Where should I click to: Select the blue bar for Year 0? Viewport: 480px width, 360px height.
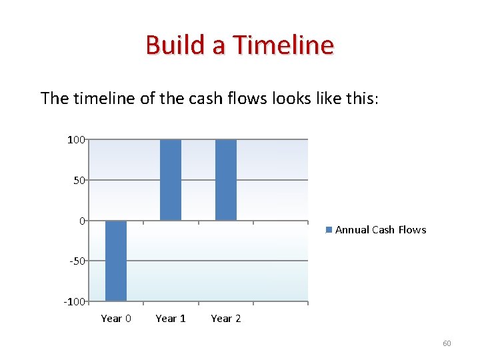click(x=116, y=260)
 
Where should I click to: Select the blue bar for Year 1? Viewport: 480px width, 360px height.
click(x=171, y=179)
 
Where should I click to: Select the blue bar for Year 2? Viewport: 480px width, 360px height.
click(x=226, y=179)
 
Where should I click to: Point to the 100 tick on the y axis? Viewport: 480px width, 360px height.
click(x=75, y=139)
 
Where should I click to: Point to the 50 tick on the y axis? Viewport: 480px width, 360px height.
click(x=79, y=180)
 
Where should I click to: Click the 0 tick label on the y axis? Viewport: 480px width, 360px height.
click(x=82, y=221)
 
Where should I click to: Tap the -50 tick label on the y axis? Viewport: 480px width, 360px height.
click(x=77, y=261)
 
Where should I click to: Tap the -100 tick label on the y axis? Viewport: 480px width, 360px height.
click(x=75, y=301)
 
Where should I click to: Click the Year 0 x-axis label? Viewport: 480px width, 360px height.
click(x=116, y=319)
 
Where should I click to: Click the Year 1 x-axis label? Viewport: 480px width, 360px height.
click(x=171, y=319)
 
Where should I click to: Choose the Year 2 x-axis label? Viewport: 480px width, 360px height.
click(x=226, y=319)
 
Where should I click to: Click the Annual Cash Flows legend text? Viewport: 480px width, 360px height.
click(x=381, y=230)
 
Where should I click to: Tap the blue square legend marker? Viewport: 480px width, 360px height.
click(x=329, y=230)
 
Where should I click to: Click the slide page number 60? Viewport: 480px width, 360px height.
click(x=447, y=343)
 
